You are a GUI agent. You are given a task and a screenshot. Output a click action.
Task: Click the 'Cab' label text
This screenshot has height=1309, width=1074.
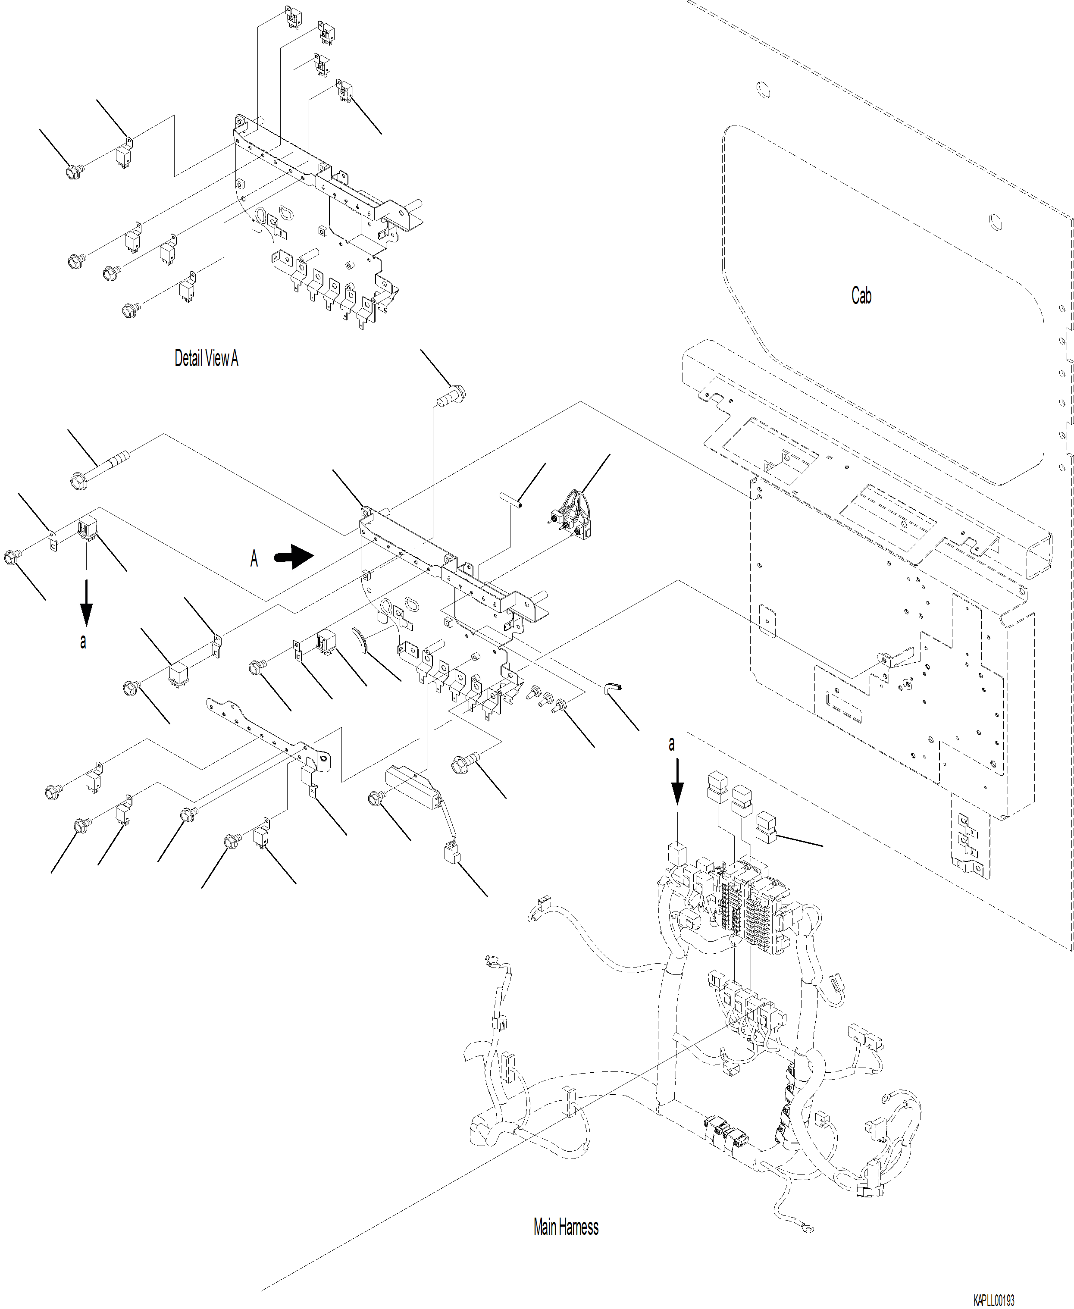[x=861, y=296]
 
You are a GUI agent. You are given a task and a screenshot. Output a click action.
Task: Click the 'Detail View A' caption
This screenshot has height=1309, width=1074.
[x=206, y=358]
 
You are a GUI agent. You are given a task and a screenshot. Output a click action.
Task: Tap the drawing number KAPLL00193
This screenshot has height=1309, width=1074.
[x=993, y=1300]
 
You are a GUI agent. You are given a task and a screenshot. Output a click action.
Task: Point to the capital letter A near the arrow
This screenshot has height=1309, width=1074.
[x=254, y=559]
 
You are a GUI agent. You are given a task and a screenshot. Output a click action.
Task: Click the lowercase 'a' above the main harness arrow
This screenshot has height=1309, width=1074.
[x=672, y=744]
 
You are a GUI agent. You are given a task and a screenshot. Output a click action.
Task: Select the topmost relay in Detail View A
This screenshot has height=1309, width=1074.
[x=292, y=17]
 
